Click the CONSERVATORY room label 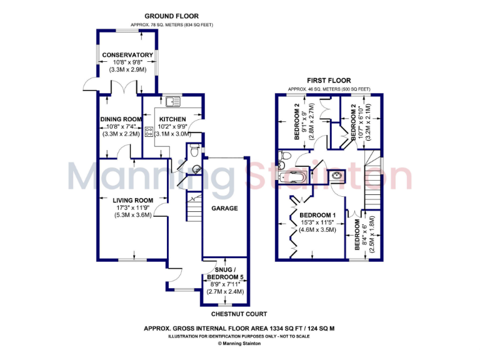coord(127,54)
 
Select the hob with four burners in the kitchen coord(149,131)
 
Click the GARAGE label coord(224,208)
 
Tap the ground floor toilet coord(195,150)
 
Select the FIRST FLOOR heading coord(328,81)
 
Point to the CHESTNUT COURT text coord(239,314)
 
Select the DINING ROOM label coord(121,119)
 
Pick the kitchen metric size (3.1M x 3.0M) coord(172,134)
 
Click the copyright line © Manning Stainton coord(240,343)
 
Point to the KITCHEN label coord(172,119)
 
